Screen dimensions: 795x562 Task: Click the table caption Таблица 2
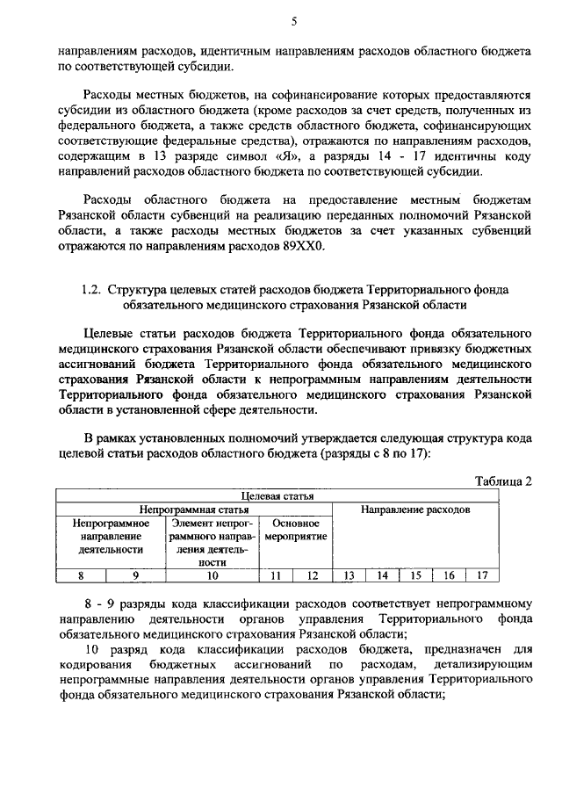point(504,481)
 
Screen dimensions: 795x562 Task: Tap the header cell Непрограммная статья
point(193,510)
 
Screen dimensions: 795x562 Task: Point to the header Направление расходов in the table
point(415,510)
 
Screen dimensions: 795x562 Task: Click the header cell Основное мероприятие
point(295,530)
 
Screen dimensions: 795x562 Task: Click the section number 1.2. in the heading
point(92,289)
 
